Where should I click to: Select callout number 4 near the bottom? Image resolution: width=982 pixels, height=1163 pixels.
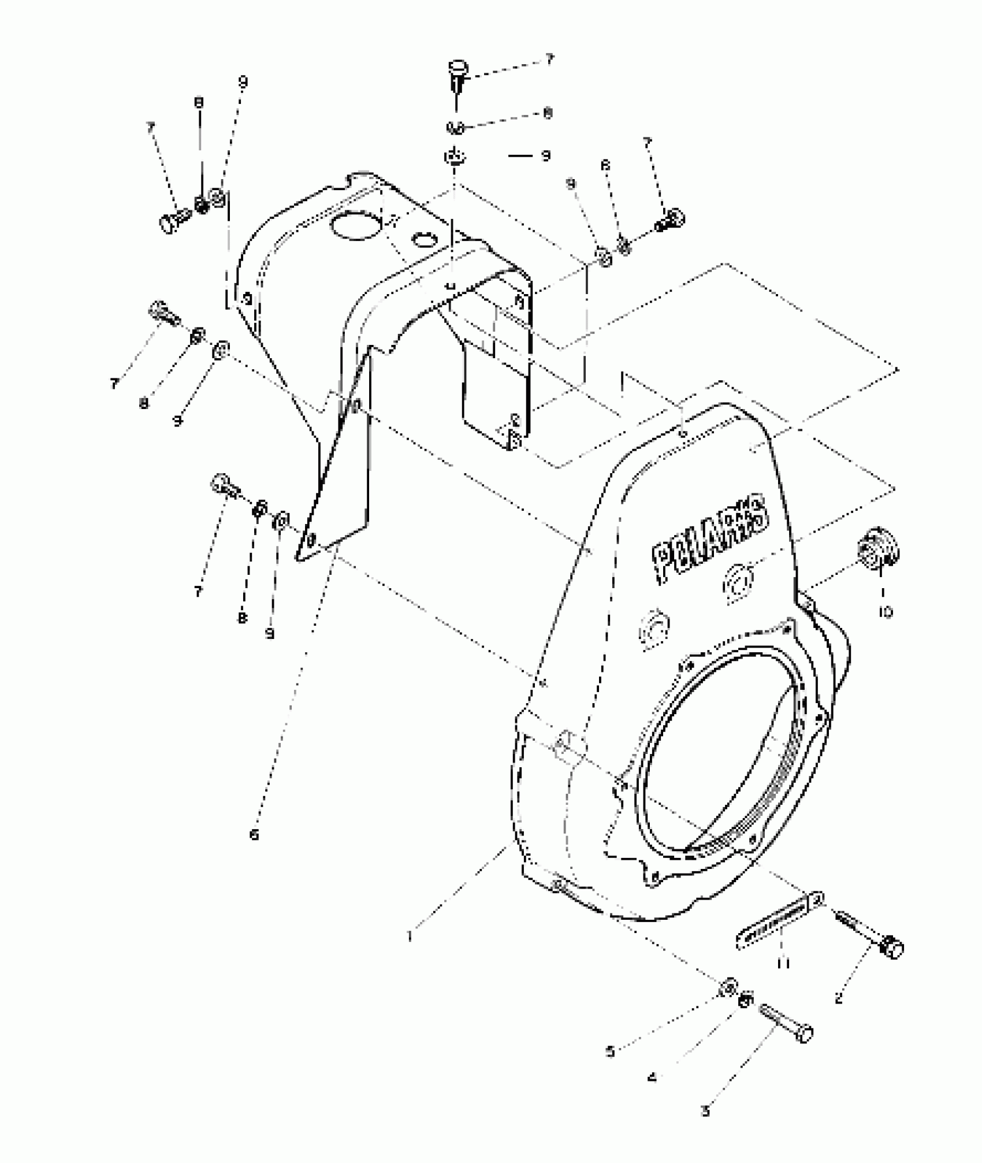point(652,1077)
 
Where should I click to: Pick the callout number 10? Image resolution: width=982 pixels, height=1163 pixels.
point(884,612)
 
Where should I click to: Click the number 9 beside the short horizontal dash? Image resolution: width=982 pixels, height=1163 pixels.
point(545,155)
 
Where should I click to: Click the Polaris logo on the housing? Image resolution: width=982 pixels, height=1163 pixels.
point(711,536)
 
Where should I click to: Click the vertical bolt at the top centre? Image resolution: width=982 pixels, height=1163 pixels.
point(457,75)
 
